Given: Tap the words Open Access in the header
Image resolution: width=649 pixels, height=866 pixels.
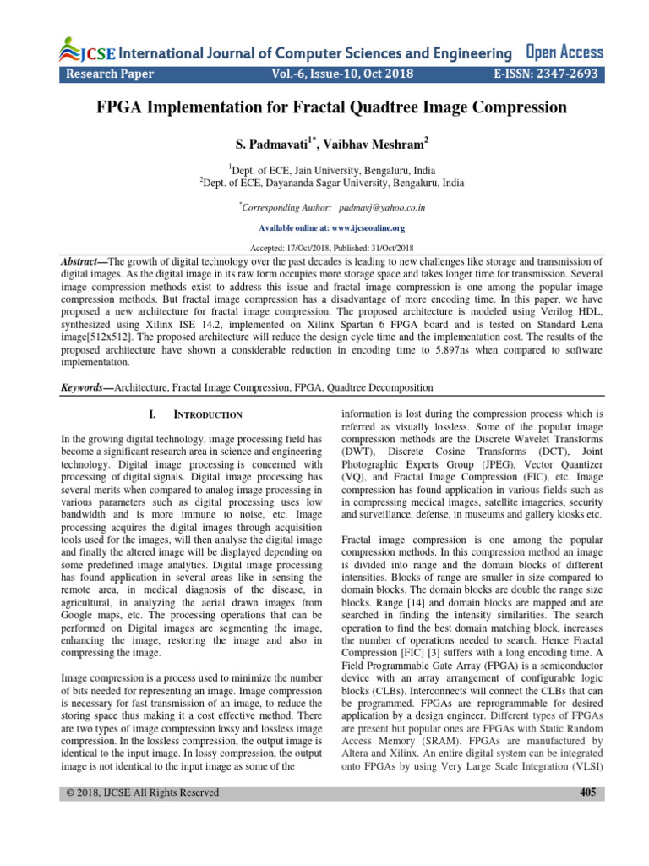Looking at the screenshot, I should (x=564, y=52).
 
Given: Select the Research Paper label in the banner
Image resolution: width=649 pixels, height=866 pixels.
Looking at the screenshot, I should (x=110, y=74).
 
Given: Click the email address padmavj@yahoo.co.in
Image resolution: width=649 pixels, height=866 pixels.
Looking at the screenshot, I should (x=382, y=206).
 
